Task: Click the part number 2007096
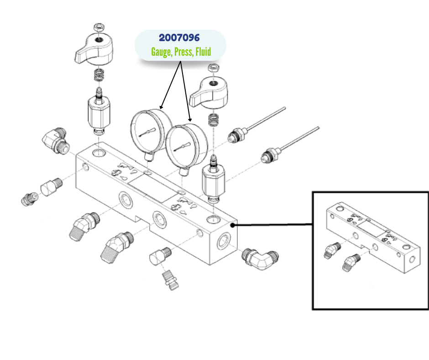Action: pyautogui.click(x=179, y=38)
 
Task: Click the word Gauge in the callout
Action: pyautogui.click(x=161, y=52)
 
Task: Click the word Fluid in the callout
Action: pyautogui.click(x=203, y=52)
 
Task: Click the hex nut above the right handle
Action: pyautogui.click(x=212, y=68)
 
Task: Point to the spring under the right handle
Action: pyautogui.click(x=213, y=120)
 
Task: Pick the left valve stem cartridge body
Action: pyautogui.click(x=99, y=114)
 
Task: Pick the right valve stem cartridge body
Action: pyautogui.click(x=212, y=180)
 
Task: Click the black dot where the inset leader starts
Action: pyautogui.click(x=235, y=224)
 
